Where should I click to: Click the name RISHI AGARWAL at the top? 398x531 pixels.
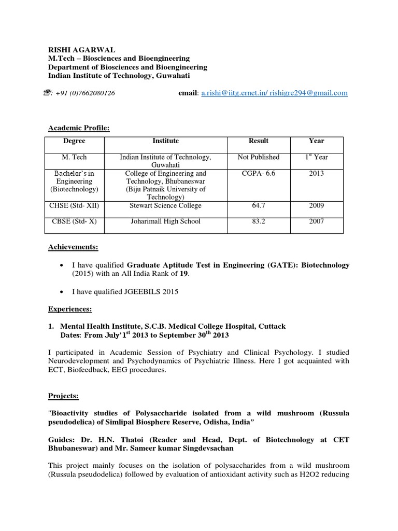coord(81,50)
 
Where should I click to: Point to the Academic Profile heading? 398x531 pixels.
coord(79,128)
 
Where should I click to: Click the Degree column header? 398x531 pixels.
coord(74,141)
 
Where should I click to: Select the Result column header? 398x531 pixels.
coord(258,141)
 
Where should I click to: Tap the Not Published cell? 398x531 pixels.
coord(258,157)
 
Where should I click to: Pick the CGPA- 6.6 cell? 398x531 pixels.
coord(258,173)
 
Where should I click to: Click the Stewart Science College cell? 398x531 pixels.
coord(165,206)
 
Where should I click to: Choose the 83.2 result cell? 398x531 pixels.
coord(258,221)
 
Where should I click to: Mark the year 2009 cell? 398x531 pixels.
coord(316,206)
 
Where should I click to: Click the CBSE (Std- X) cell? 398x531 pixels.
coord(74,221)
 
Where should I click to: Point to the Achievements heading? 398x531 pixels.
coord(73,247)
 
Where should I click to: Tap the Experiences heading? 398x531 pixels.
coord(70,309)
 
